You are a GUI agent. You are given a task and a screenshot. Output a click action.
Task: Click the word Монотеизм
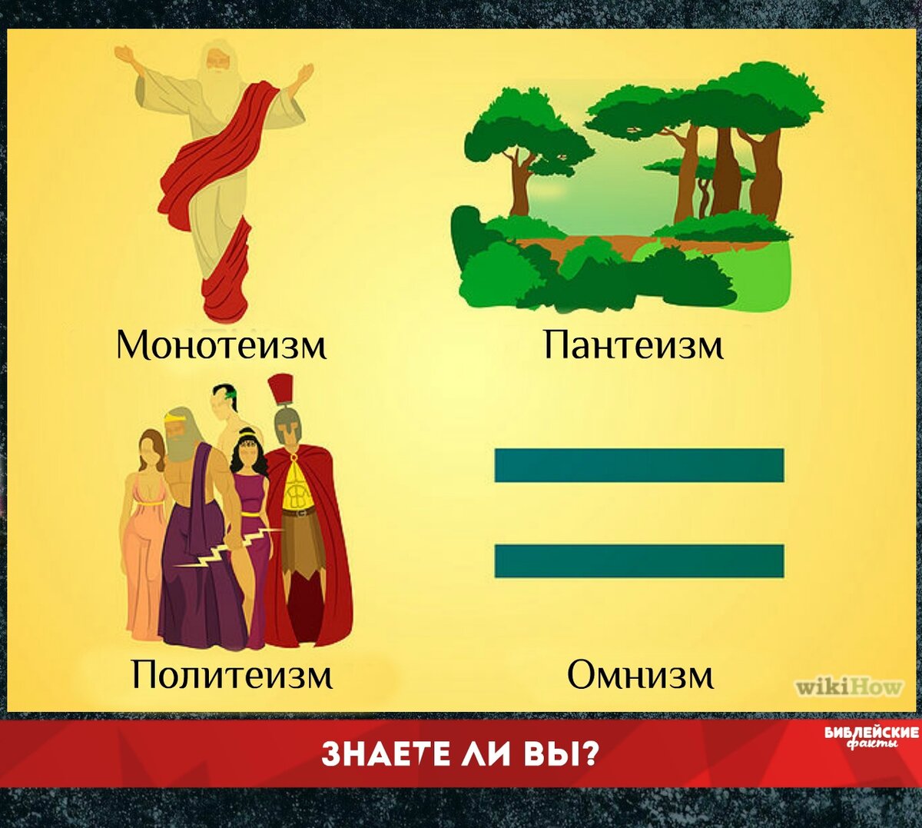click(221, 344)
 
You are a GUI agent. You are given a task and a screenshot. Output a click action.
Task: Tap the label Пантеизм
click(633, 344)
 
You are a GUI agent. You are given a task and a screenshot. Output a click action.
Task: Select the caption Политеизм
click(233, 674)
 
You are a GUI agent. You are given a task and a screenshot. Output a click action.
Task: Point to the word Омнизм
click(640, 674)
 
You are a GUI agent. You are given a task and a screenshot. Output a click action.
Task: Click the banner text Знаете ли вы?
click(459, 754)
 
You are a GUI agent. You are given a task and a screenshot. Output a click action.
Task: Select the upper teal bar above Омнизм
click(639, 465)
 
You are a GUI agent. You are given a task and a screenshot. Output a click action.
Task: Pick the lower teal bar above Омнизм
click(639, 560)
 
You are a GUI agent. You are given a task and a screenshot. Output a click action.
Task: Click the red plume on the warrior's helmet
click(280, 390)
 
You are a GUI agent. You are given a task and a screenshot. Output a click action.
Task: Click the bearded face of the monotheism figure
click(217, 62)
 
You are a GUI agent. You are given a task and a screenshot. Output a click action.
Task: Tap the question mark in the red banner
click(589, 754)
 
